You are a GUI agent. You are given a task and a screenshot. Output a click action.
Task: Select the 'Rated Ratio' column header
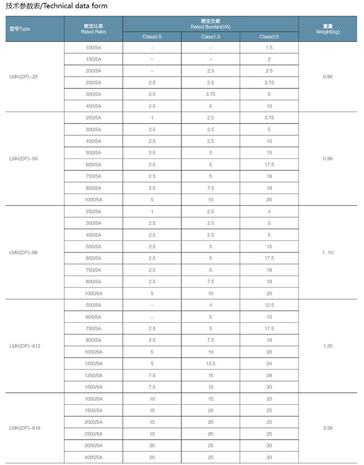pos(93,32)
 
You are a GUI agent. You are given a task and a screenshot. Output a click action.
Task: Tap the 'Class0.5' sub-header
pos(152,37)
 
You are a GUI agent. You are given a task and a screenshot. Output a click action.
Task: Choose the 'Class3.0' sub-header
pos(269,37)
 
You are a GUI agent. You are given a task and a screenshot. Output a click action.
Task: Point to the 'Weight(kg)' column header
pos(327,32)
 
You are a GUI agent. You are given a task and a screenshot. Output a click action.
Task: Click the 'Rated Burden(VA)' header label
pos(210,27)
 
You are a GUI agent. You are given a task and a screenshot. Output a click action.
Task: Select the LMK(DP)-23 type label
pos(23,77)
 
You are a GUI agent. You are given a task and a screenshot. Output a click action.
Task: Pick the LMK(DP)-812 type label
pos(24,346)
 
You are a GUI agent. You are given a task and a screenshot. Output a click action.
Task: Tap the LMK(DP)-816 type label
pos(24,428)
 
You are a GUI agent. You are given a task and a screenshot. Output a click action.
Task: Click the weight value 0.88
pos(327,77)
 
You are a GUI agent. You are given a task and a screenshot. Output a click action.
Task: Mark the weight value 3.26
pos(327,428)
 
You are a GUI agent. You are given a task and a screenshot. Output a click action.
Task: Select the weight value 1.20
pos(327,346)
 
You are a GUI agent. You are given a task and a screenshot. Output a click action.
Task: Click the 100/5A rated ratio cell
pos(93,47)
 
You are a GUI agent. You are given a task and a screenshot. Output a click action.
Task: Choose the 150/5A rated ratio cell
pos(93,59)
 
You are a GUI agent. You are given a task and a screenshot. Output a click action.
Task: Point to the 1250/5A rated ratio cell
pos(93,375)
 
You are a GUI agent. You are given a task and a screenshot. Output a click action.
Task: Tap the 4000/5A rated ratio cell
pos(93,457)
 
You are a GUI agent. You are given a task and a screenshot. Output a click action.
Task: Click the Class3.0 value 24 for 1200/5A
pos(269,363)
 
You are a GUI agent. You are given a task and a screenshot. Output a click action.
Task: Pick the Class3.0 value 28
pos(269,375)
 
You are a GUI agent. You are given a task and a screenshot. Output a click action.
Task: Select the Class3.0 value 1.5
pos(269,47)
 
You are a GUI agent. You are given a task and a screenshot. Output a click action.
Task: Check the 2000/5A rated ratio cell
pos(93,422)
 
